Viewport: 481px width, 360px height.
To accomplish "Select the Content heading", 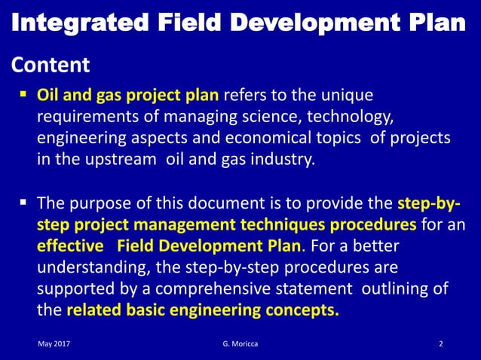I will pos(51,66).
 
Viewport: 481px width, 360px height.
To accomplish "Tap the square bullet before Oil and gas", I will pos(23,96).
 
